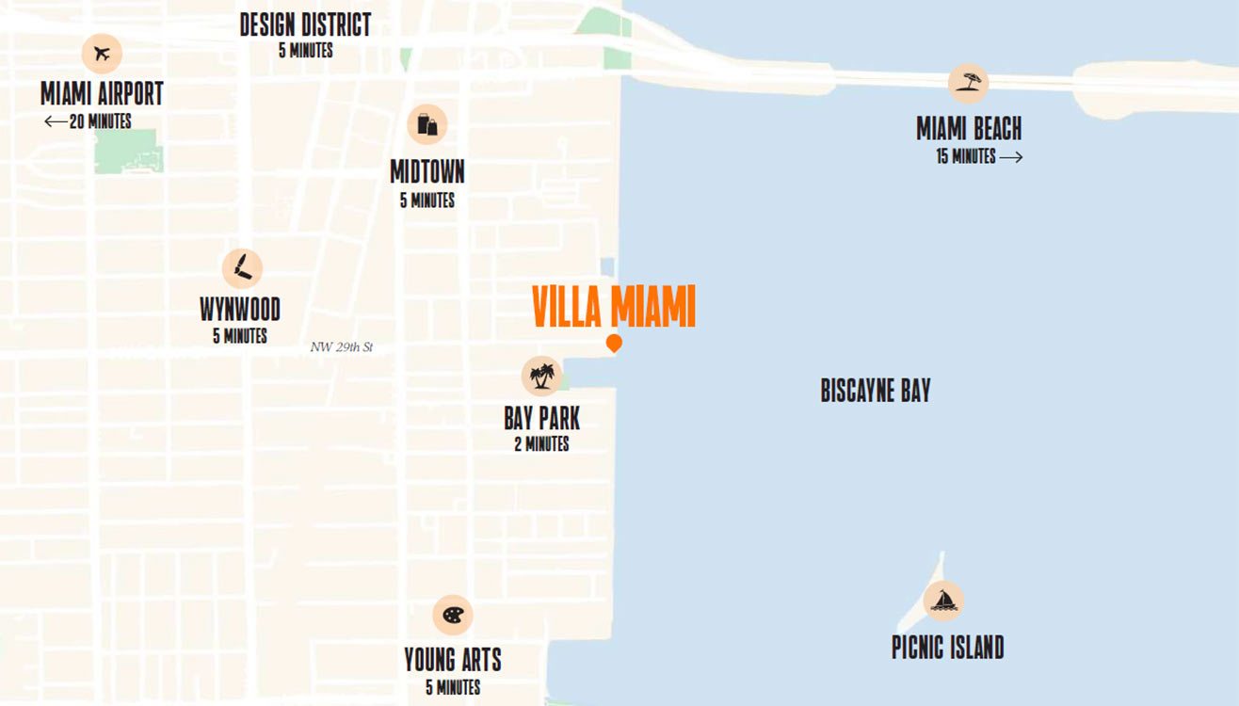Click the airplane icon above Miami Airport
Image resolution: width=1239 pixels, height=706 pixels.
(x=102, y=54)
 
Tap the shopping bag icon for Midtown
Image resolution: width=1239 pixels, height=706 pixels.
(x=426, y=124)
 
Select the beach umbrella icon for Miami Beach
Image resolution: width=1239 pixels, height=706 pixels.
(x=968, y=84)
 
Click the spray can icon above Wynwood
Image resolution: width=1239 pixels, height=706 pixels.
(x=242, y=268)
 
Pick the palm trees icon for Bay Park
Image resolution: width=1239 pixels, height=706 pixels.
(x=541, y=376)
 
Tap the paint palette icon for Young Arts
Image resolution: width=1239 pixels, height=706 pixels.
(x=452, y=616)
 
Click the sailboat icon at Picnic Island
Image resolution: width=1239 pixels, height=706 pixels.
(x=942, y=601)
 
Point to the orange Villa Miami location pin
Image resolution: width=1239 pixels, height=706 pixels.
(x=614, y=344)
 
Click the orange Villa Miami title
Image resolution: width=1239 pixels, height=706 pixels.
(x=613, y=306)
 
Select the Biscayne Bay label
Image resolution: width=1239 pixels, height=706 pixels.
(x=875, y=392)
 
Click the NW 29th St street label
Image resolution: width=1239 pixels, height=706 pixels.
(x=342, y=347)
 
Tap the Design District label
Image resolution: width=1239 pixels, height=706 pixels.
(x=305, y=24)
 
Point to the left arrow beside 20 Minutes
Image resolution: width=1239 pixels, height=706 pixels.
(x=55, y=122)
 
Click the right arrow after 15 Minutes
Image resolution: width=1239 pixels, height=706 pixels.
(x=1011, y=158)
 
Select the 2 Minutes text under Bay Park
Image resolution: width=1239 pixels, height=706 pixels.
(x=541, y=444)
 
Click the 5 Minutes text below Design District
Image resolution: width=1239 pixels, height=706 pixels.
(x=305, y=51)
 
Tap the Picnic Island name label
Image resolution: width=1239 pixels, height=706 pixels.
(x=947, y=648)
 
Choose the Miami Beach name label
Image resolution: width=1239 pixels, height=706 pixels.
(x=969, y=129)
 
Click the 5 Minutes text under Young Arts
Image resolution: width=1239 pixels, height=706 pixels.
(x=453, y=687)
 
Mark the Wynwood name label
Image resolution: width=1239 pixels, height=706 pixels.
(x=240, y=310)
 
